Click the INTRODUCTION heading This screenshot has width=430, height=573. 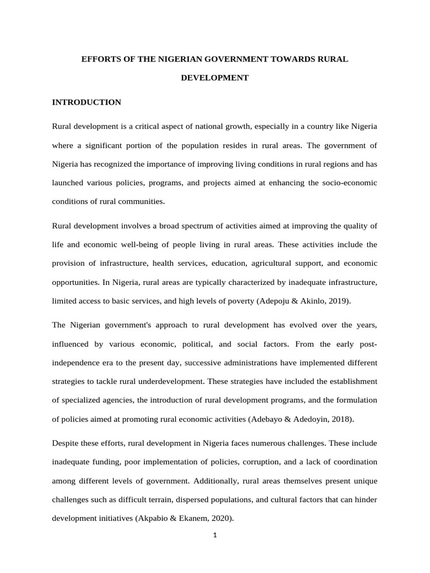coord(86,102)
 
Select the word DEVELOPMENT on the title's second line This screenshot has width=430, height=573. coord(214,78)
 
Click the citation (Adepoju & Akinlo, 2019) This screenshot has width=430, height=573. coord(303,301)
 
